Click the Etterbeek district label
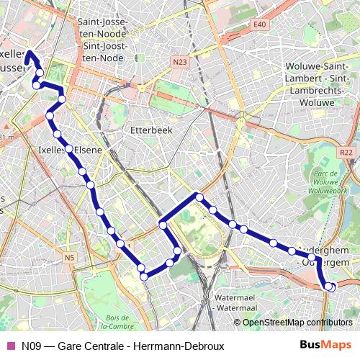(x=148, y=130)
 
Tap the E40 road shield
(x=260, y=24)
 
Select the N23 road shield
(x=180, y=63)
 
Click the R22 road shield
(x=346, y=152)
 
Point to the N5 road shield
(x=69, y=257)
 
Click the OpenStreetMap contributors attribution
(x=297, y=323)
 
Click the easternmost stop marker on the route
(x=331, y=287)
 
